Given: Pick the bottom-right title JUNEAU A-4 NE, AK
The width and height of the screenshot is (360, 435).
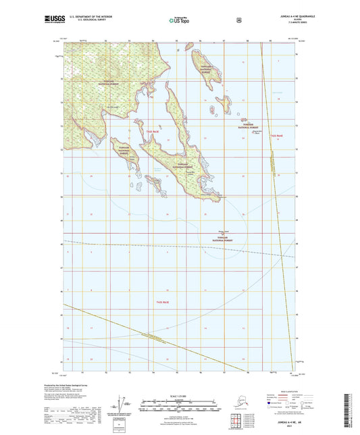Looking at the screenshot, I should tap(315, 421).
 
